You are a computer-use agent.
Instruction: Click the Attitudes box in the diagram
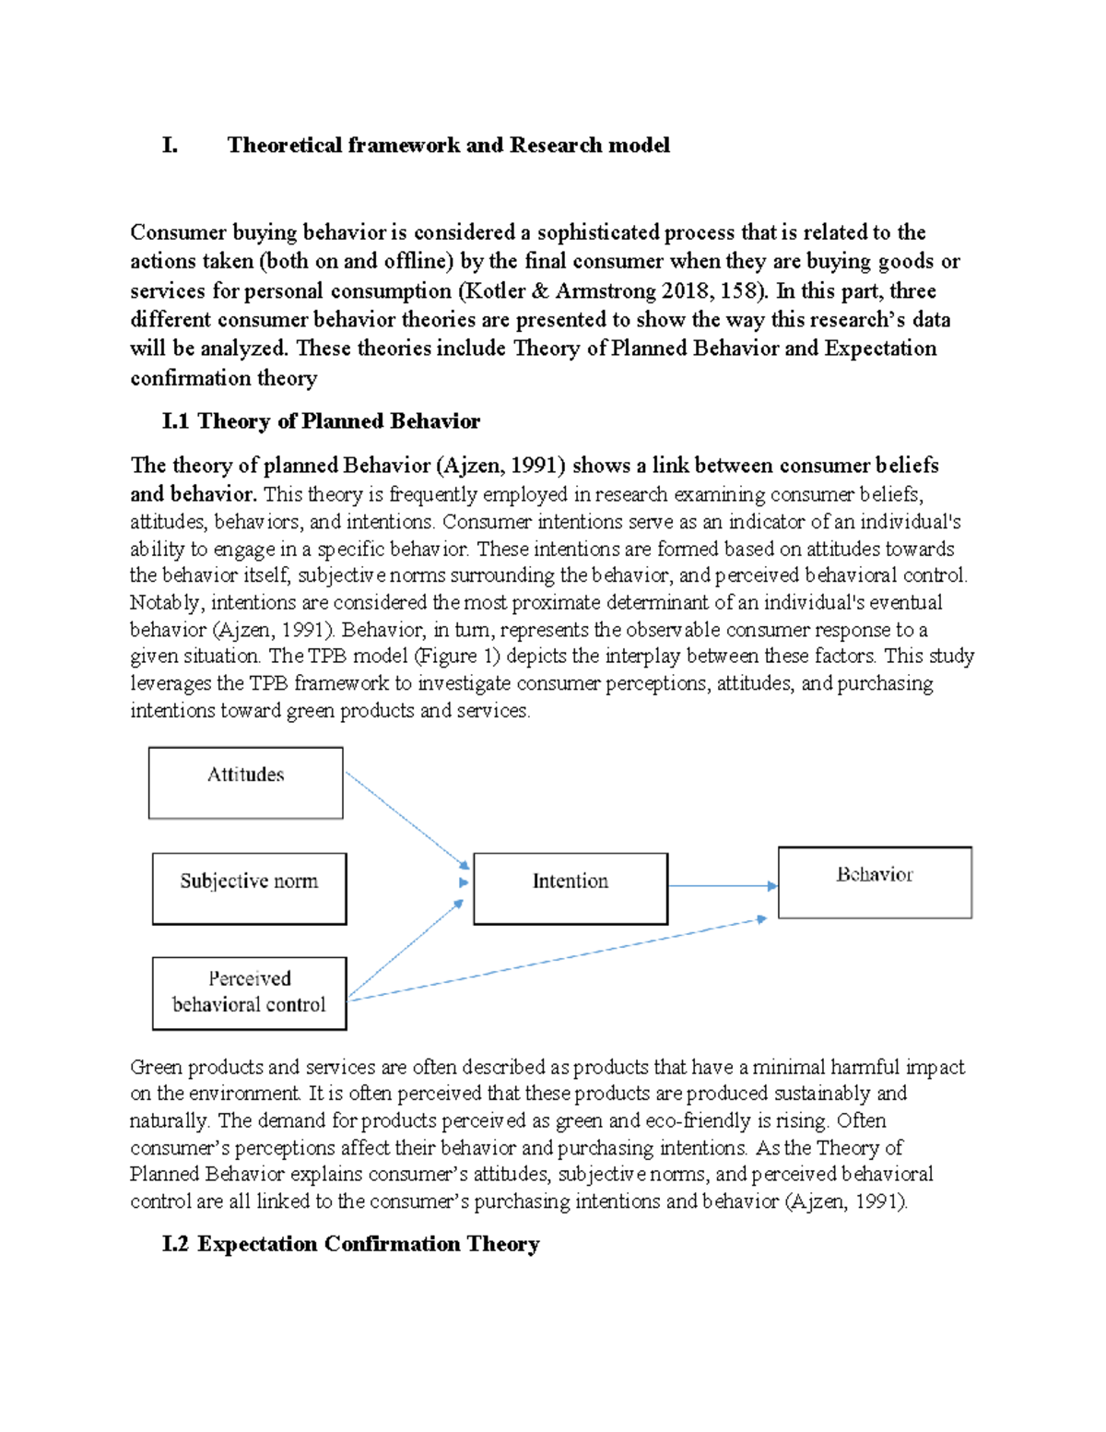[x=245, y=783]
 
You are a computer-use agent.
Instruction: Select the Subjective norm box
[x=249, y=888]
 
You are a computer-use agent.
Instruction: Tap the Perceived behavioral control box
[x=249, y=992]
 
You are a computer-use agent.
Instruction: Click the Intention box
[x=570, y=888]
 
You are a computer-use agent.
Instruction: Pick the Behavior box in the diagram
[x=875, y=882]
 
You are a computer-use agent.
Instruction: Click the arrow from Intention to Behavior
[x=722, y=886]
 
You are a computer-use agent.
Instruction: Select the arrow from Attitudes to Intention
[x=406, y=820]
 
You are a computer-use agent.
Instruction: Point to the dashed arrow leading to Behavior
[x=553, y=960]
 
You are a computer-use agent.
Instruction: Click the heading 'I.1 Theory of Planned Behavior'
[x=320, y=421]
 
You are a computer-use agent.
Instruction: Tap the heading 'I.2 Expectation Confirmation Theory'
[x=350, y=1244]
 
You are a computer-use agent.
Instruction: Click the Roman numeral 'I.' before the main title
[x=170, y=145]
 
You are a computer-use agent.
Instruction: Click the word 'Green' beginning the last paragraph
[x=157, y=1068]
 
